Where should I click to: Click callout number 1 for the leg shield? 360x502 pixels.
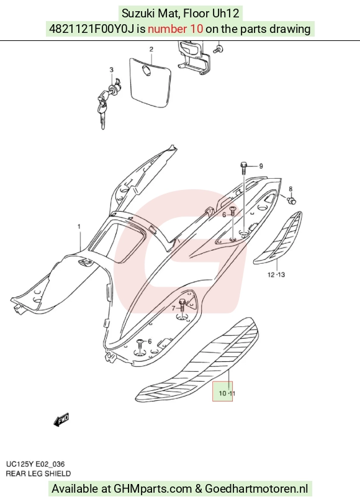coord(79,226)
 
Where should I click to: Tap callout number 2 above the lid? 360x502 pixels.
coord(151,49)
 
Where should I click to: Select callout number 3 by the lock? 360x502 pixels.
coord(112,69)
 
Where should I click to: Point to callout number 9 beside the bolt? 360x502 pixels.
coord(261,166)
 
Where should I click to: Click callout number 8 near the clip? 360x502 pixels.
coord(290,189)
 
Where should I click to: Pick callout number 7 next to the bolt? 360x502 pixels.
coord(173,308)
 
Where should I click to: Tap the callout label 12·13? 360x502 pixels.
coord(276,275)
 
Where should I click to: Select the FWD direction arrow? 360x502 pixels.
coord(61,419)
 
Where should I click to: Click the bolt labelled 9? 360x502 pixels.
coord(243,168)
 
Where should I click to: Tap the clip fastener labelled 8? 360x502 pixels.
coord(292,201)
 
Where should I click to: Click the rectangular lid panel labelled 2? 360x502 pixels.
coord(150,82)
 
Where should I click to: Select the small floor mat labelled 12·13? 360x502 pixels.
coord(277,238)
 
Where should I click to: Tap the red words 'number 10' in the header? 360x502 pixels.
coord(175,29)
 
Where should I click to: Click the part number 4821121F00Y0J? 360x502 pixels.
coord(92,29)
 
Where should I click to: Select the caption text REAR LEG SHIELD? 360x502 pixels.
coord(38,473)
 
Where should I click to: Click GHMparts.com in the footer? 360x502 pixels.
coord(153,489)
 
